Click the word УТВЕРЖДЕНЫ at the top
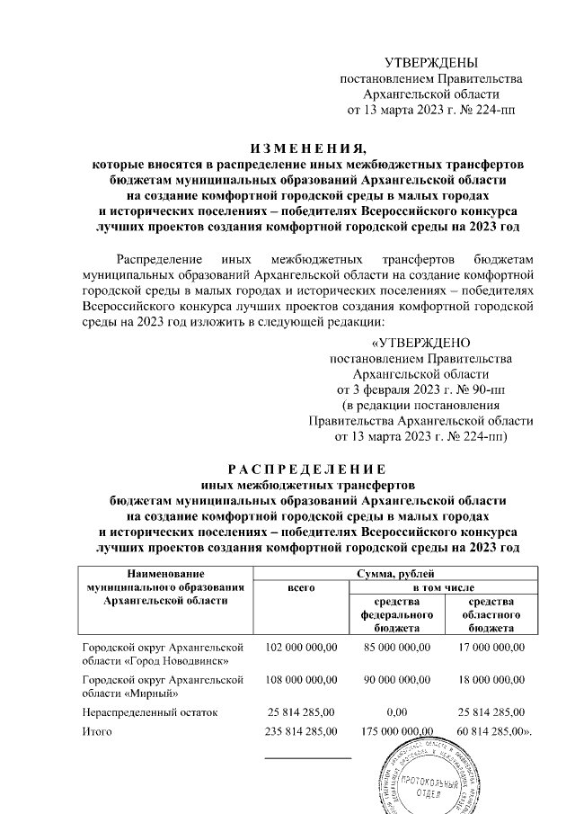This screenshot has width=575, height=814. (431, 62)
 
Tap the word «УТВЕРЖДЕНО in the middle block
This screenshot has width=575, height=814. (420, 343)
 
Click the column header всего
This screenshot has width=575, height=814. (300, 586)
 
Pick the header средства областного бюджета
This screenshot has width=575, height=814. (491, 614)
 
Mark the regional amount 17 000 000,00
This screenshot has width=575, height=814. (491, 647)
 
